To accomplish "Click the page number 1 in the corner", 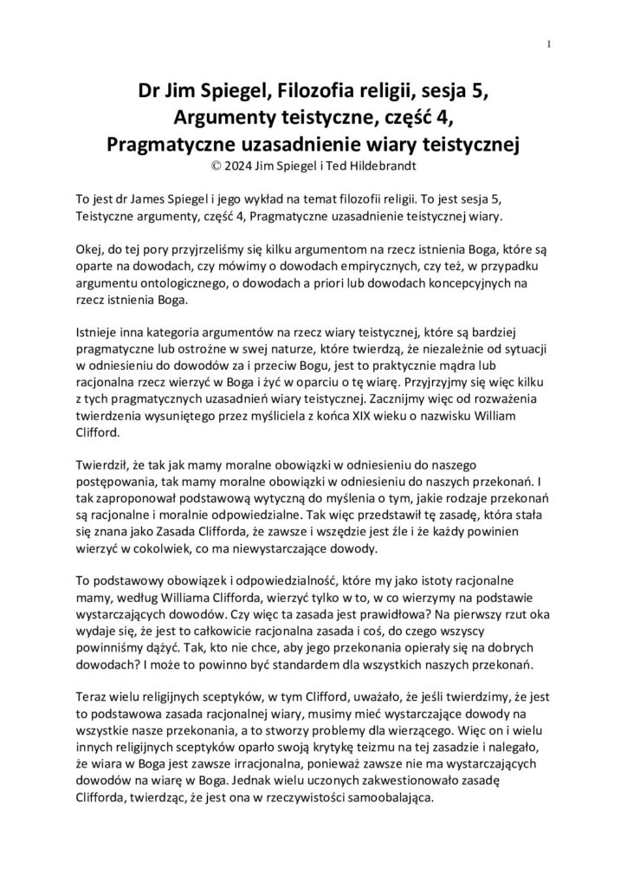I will coord(550,45).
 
